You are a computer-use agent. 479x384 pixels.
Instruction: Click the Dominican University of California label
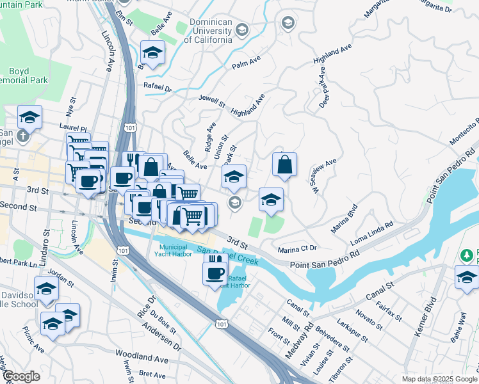(208, 31)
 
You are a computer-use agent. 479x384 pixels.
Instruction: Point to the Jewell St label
(213, 102)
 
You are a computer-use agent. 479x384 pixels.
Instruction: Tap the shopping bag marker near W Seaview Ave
(284, 165)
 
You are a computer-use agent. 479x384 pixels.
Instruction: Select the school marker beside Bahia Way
(467, 278)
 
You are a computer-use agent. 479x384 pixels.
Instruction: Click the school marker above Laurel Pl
(29, 117)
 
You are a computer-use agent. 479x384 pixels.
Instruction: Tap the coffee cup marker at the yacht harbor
(215, 273)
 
